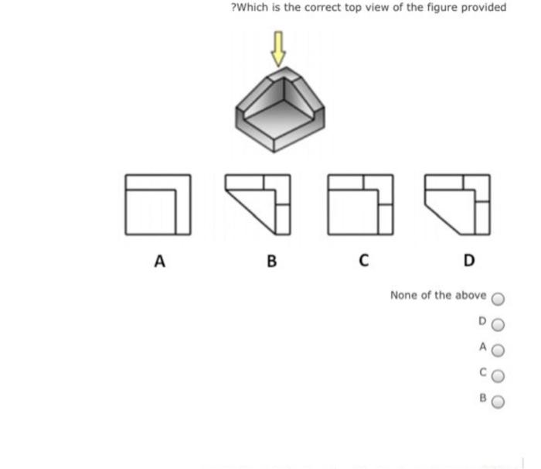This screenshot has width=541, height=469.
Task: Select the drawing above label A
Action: point(158,204)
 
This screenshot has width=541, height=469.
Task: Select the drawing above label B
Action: point(258,204)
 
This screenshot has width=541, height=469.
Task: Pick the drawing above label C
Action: point(360,204)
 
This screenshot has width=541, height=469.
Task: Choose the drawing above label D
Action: point(458,204)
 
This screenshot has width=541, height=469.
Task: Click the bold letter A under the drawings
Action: point(159,261)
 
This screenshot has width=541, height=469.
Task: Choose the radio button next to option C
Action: point(498,376)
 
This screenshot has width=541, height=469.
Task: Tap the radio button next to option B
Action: point(498,402)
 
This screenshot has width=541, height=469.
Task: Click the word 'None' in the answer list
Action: point(403,295)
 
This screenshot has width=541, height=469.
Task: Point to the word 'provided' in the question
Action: point(484,8)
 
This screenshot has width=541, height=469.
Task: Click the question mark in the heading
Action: point(233,8)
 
